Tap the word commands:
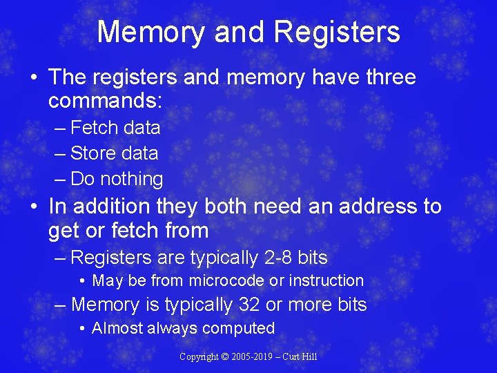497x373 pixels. [x=105, y=102]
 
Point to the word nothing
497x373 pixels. [x=132, y=179]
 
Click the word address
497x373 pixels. [x=362, y=206]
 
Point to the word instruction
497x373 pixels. [x=327, y=280]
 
